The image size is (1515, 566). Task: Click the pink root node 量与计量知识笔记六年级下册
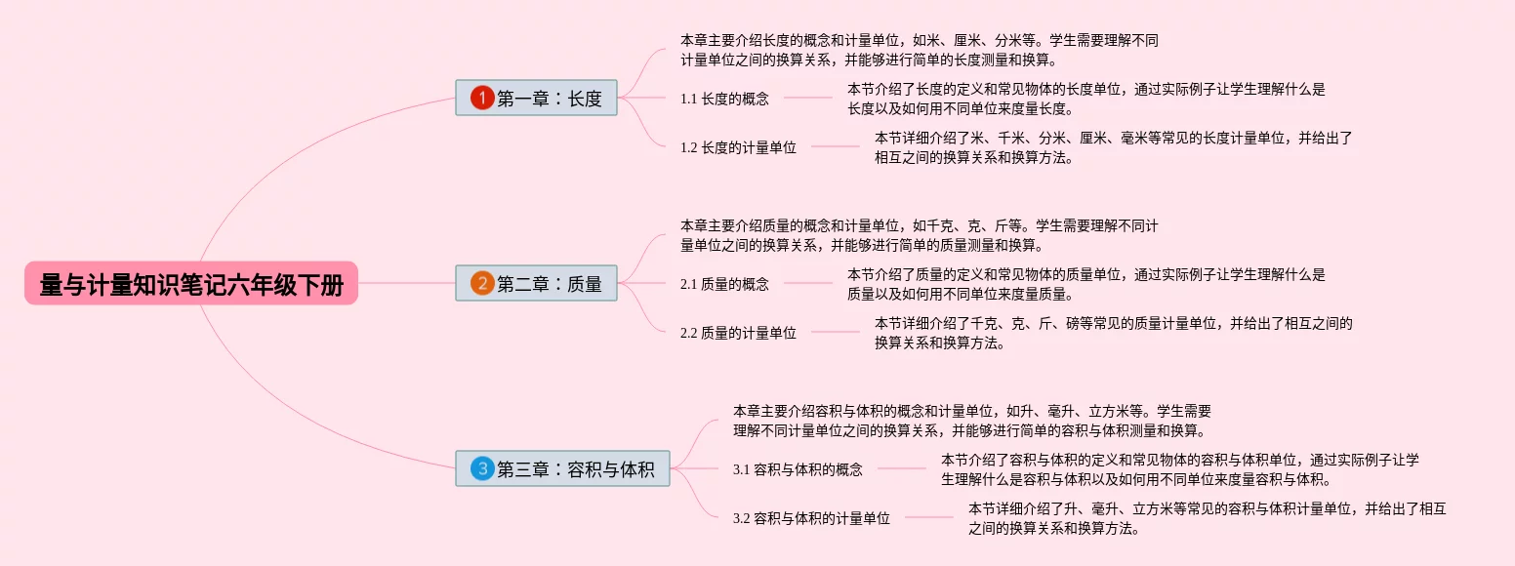pos(191,284)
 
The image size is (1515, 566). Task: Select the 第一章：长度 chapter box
pos(536,98)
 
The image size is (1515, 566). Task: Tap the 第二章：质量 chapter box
pos(536,283)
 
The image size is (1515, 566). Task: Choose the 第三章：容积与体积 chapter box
pos(562,468)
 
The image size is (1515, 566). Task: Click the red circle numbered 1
pos(482,98)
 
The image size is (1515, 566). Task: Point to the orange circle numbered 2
pos(482,283)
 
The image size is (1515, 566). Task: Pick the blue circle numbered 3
pos(482,468)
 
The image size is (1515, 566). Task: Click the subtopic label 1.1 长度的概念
pos(724,99)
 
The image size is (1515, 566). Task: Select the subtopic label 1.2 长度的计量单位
pos(738,148)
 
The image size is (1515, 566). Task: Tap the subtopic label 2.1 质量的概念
pos(724,284)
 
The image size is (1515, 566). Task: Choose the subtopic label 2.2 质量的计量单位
pos(738,333)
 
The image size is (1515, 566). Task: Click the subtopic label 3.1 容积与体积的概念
pos(798,469)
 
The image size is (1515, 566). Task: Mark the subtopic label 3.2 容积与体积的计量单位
pos(811,519)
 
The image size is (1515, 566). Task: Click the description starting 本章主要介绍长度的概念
pos(919,50)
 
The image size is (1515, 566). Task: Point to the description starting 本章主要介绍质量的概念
pos(919,235)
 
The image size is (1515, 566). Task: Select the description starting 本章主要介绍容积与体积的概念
pos(972,421)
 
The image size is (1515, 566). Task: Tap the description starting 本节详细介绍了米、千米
pos(1113,147)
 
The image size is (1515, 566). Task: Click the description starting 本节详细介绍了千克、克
pos(1113,333)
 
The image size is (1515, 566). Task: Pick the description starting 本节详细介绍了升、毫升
pos(1207,518)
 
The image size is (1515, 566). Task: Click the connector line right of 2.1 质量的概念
pos(808,284)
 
